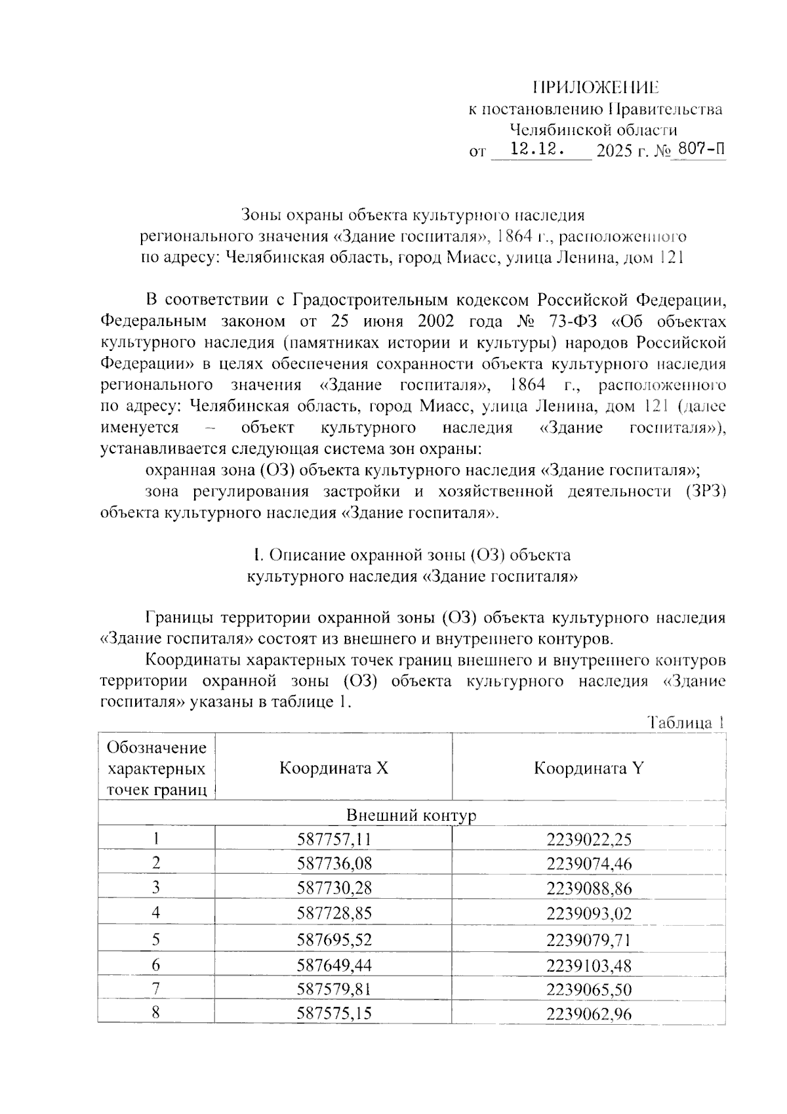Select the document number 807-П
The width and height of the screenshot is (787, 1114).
701,150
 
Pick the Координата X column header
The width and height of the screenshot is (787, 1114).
334,768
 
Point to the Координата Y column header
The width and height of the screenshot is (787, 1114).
588,768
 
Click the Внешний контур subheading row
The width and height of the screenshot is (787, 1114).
411,815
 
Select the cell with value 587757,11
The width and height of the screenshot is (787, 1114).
334,838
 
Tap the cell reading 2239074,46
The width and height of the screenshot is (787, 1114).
588,863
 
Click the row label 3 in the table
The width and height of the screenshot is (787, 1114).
156,888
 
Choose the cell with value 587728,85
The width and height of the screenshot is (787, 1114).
334,913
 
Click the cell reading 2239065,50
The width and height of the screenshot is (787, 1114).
588,989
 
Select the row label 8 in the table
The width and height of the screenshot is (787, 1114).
156,1013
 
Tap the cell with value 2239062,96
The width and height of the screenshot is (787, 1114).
588,1014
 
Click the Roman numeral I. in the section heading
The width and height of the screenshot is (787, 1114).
258,555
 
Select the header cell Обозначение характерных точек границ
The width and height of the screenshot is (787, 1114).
156,768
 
